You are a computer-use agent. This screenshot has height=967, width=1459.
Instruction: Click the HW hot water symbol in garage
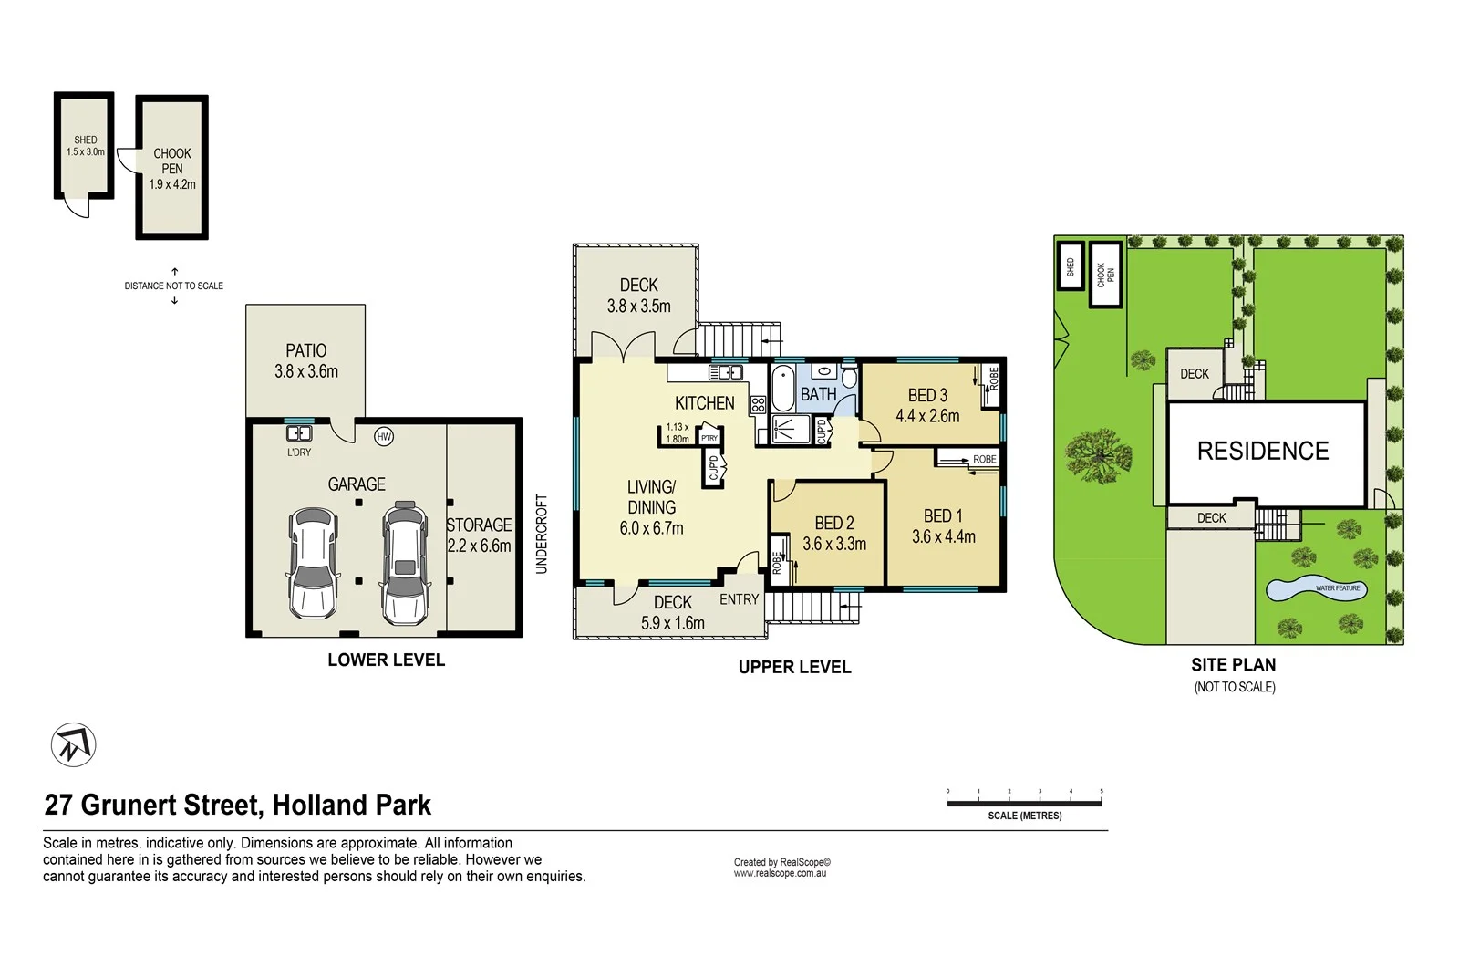point(384,437)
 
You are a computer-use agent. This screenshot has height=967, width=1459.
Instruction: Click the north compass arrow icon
point(73,745)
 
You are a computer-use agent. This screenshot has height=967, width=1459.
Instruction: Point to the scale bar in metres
point(1024,803)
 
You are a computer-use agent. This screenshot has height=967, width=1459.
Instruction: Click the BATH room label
point(818,395)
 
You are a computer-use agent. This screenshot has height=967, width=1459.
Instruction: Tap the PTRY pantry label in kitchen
point(709,438)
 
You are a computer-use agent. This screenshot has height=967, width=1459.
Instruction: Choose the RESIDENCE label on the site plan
point(1263,452)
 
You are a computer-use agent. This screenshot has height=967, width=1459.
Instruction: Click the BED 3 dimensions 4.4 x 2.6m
point(927,417)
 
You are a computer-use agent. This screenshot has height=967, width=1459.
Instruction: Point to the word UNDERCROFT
point(542,534)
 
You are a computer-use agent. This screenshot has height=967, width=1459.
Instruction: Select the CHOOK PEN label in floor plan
point(172,161)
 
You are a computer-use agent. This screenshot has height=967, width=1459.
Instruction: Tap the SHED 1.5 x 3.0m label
point(85,146)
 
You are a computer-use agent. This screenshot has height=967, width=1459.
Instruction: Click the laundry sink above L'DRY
point(298,433)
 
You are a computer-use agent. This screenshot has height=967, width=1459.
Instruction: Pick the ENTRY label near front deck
point(739,599)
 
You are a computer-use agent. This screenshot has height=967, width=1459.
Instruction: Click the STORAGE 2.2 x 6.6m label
point(479,535)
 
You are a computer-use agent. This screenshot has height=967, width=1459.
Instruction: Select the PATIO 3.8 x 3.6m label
point(306,361)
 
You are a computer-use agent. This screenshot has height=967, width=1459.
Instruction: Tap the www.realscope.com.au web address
point(780,874)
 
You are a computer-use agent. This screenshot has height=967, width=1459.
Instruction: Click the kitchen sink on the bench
point(726,372)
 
